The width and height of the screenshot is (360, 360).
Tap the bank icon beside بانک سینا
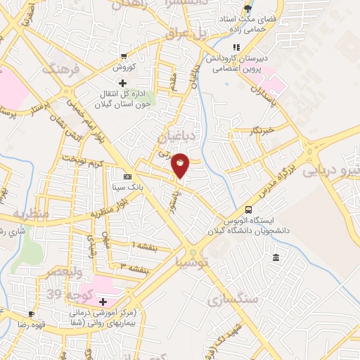pos(127,176)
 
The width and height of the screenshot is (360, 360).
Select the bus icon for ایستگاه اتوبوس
pos(248,209)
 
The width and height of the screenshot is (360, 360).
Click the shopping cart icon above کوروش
pos(124,56)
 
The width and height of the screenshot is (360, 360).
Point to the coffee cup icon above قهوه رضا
pos(31,314)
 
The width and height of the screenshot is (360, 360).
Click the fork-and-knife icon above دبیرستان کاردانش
pos(236,47)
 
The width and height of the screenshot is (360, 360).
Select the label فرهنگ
pos(58,70)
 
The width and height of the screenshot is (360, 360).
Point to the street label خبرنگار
pos(260,130)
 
